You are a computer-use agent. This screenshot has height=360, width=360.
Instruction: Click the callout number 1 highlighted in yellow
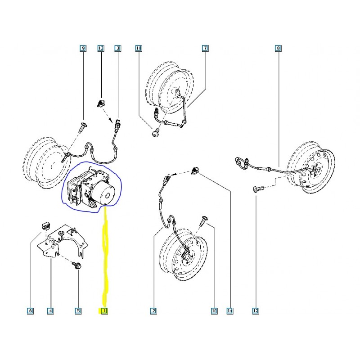pyautogui.click(x=104, y=310)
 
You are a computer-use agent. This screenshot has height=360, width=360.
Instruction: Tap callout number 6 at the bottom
pyautogui.click(x=30, y=310)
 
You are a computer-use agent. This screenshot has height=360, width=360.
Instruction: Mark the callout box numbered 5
pyautogui.click(x=78, y=310)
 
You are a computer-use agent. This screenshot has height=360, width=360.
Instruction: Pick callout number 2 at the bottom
pyautogui.click(x=153, y=310)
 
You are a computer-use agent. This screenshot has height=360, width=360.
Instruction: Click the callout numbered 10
pyautogui.click(x=214, y=310)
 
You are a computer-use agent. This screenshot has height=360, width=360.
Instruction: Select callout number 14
pyautogui.click(x=231, y=310)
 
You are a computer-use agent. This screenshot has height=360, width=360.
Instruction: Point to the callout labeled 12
pyautogui.click(x=256, y=310)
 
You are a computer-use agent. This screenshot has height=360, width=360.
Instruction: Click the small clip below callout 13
pyautogui.click(x=101, y=105)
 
